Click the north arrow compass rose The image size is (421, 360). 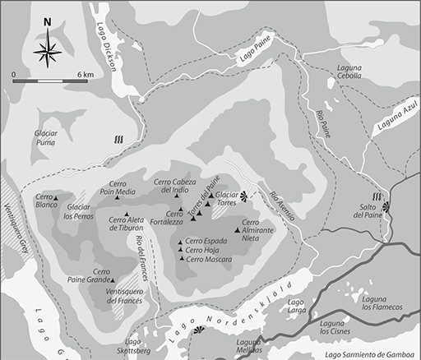point(48,51)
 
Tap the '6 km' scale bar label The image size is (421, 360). point(86,74)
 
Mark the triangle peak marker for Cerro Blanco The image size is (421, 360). point(56,198)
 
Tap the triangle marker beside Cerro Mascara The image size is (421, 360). point(181,260)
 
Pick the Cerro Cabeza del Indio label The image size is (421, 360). point(178,186)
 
